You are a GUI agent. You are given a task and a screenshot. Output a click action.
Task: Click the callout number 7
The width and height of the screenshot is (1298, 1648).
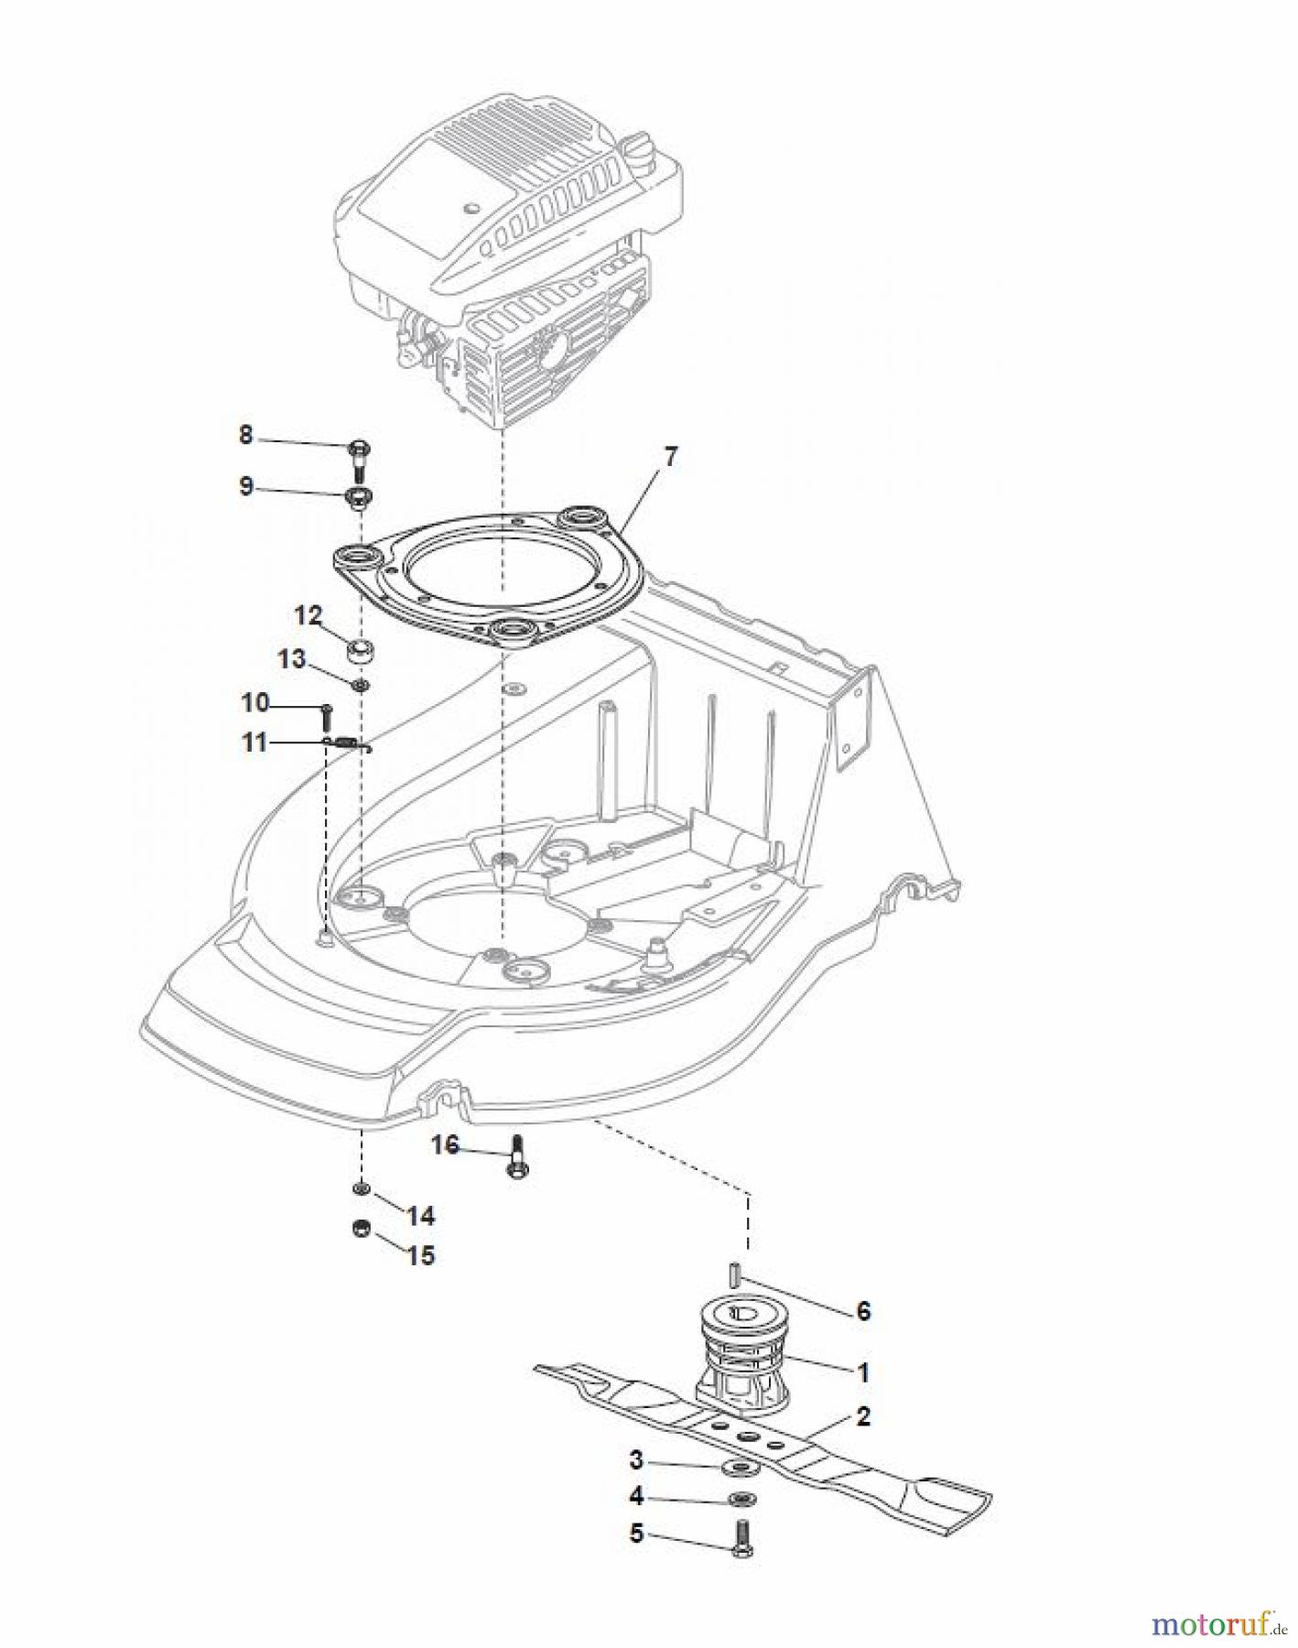(x=671, y=458)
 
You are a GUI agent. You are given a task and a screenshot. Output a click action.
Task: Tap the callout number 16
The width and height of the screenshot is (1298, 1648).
(x=445, y=1145)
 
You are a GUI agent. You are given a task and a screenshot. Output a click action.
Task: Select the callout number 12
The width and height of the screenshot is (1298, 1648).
(x=308, y=615)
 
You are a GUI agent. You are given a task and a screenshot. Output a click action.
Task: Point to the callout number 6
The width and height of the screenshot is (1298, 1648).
(x=862, y=1311)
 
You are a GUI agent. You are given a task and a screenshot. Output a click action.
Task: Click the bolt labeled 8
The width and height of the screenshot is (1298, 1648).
(x=358, y=459)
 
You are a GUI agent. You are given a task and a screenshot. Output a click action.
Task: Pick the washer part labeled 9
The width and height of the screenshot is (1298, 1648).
(x=357, y=499)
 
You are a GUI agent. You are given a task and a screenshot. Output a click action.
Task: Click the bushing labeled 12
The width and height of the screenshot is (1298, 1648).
(x=361, y=652)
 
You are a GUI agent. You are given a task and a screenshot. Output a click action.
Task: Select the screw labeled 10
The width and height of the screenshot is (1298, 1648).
(x=326, y=715)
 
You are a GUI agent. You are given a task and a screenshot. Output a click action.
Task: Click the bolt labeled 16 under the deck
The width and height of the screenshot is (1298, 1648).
(x=515, y=1156)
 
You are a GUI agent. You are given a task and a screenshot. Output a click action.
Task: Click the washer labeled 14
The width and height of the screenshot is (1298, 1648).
(x=361, y=1188)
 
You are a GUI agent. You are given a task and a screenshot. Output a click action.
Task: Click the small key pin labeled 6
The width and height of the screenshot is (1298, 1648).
(x=734, y=1273)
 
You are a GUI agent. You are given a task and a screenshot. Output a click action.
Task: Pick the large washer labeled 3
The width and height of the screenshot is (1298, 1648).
(x=739, y=1469)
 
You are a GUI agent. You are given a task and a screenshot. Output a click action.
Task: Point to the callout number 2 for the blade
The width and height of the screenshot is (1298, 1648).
(x=862, y=1416)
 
